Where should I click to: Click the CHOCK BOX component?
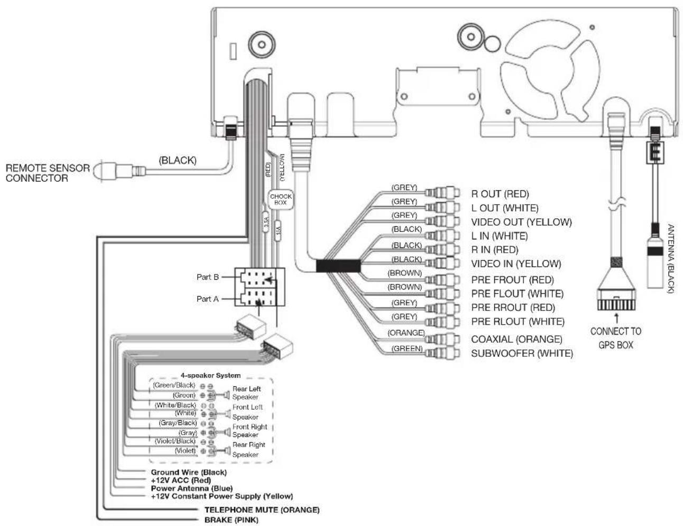tap(281, 199)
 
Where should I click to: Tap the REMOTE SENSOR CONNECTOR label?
tap(48, 173)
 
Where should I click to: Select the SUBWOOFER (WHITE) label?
tap(522, 353)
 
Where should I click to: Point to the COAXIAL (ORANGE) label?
tap(516, 339)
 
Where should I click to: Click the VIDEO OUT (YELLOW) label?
tap(521, 222)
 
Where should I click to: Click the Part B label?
tap(208, 277)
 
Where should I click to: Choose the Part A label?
tap(208, 299)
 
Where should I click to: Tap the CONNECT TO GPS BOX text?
tap(616, 338)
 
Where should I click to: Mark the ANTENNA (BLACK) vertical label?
tap(670, 259)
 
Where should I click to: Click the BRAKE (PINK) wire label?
tap(232, 520)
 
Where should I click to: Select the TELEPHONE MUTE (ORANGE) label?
tap(262, 510)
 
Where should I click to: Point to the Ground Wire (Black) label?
tap(189, 472)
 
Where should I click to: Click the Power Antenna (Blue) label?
tap(191, 488)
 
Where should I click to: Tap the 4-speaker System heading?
tap(210, 375)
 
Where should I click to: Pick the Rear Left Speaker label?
tap(246, 393)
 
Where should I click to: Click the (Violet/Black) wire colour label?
tap(175, 441)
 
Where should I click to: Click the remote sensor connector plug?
tap(113, 171)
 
